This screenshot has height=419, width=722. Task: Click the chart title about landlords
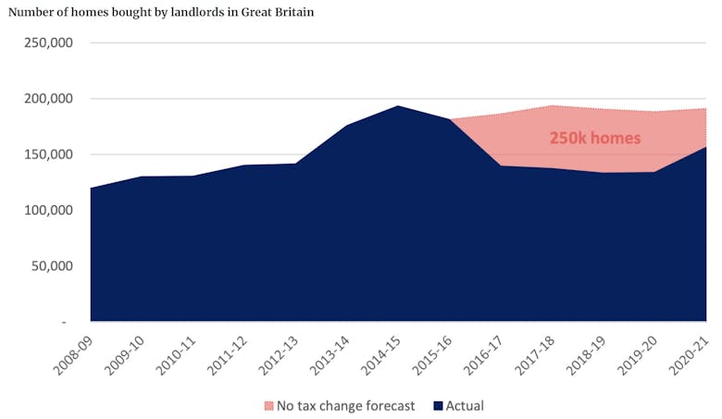(x=161, y=12)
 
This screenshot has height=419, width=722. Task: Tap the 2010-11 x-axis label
(x=175, y=352)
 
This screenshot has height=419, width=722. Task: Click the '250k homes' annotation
(x=595, y=138)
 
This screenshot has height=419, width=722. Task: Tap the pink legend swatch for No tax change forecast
(x=269, y=405)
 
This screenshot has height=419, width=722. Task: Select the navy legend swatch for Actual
(x=438, y=405)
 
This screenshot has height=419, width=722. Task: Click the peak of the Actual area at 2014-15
(x=396, y=106)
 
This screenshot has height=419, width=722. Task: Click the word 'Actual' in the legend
(x=465, y=405)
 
